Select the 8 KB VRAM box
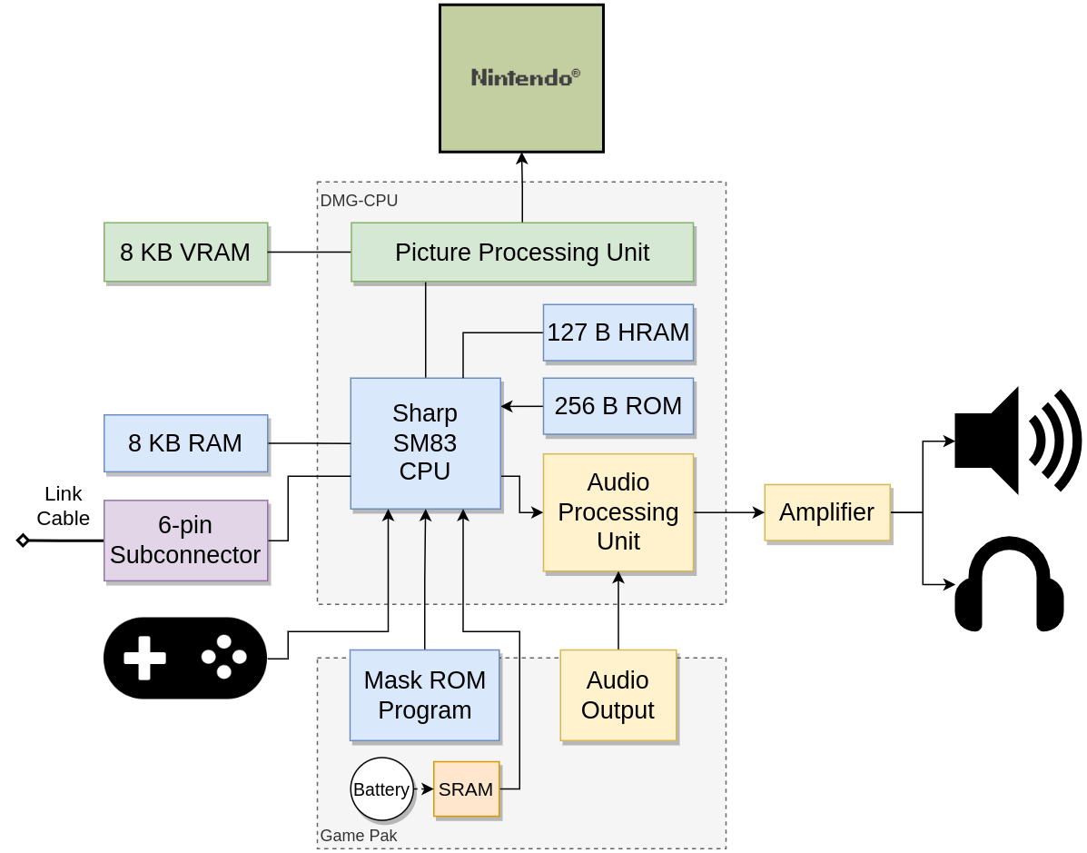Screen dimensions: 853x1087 185,252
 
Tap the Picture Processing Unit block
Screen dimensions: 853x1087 522,252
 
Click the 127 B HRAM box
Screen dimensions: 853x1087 618,332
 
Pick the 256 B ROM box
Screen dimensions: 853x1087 618,406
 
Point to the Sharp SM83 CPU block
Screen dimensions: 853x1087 425,443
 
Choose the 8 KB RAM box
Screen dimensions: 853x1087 185,443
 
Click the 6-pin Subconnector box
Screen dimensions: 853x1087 185,541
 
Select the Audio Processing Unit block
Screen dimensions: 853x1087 618,512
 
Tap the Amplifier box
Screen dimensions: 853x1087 826,512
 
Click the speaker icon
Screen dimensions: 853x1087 1016,441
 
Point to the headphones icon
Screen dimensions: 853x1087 1009,584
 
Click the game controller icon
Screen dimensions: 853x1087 185,658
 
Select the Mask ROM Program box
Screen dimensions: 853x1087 424,695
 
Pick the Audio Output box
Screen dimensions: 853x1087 618,695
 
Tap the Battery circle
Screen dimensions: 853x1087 381,789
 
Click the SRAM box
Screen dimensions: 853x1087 466,789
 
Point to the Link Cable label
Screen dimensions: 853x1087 63,506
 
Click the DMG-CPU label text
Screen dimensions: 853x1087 359,201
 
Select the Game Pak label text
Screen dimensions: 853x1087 358,836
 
